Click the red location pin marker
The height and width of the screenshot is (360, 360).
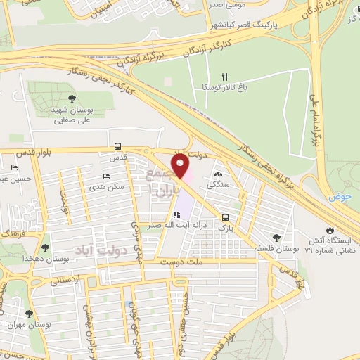point(181,167)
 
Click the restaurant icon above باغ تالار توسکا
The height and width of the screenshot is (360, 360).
point(225,77)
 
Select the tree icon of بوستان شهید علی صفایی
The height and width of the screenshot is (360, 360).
point(72,99)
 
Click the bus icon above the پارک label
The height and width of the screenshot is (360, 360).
point(225,217)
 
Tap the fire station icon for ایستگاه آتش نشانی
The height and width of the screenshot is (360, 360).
point(328,230)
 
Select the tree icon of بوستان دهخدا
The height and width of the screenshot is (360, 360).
point(46,247)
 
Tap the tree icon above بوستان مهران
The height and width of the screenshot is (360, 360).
point(29,314)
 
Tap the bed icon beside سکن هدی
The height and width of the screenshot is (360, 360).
point(106,176)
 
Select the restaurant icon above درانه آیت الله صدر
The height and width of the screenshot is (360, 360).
point(176,214)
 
